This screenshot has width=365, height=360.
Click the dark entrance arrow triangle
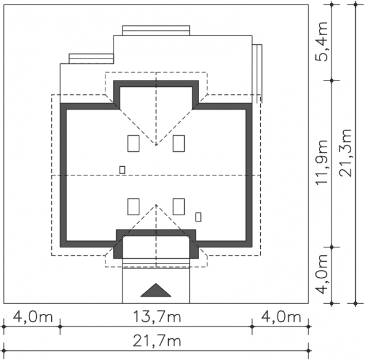(x=156, y=290)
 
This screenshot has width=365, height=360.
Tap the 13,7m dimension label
(x=157, y=317)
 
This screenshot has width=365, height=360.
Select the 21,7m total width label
(x=157, y=341)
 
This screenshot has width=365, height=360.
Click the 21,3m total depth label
(x=345, y=153)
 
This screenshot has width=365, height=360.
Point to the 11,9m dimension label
(x=322, y=162)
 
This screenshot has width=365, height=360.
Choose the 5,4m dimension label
(x=322, y=41)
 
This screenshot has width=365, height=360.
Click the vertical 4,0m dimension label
(x=322, y=274)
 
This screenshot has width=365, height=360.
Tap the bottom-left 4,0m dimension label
(x=33, y=317)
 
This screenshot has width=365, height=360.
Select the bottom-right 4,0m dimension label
(x=281, y=317)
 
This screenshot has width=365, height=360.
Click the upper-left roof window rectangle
(x=134, y=144)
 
